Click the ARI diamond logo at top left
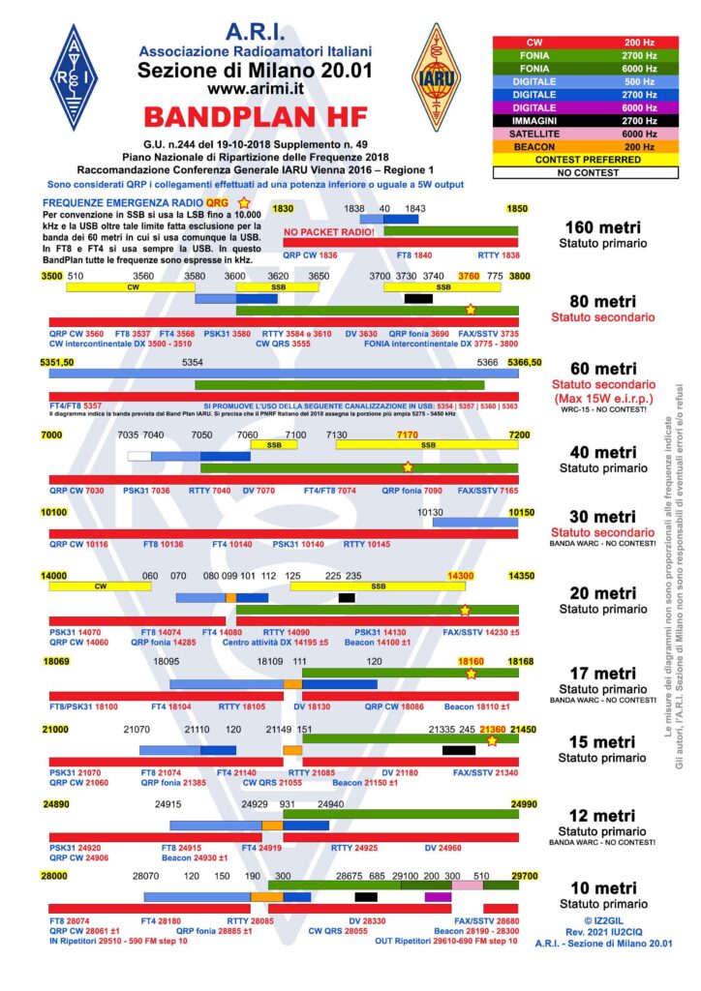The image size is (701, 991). [74, 76]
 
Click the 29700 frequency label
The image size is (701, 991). [522, 875]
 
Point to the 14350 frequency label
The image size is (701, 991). [521, 576]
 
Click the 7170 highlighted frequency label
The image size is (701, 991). [408, 435]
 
